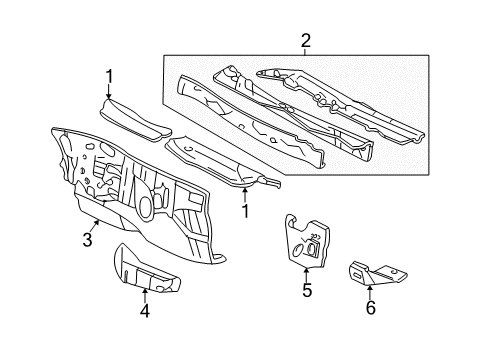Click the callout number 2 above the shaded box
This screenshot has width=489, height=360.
tap(305, 41)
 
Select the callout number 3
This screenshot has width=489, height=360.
tap(87, 240)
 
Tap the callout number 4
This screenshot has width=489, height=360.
tap(145, 311)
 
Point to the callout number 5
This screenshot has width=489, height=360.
tap(307, 290)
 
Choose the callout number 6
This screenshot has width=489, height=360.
tap(371, 307)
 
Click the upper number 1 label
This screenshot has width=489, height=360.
tap(109, 76)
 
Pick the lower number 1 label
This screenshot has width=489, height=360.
tap(245, 211)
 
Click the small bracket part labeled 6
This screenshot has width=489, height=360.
tap(378, 273)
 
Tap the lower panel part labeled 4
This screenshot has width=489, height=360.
tap(146, 270)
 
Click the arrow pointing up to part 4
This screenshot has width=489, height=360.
tap(145, 295)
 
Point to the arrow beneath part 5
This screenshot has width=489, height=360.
tap(306, 274)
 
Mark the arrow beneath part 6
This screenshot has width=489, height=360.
tap(370, 292)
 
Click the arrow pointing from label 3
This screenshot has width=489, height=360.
tap(95, 226)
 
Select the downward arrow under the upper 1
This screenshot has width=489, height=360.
tap(109, 91)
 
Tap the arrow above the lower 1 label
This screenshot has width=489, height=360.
tap(245, 195)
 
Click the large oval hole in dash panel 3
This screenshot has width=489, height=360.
tap(145, 206)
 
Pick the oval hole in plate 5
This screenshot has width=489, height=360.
tap(298, 250)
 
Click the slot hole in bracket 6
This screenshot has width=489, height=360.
tap(357, 275)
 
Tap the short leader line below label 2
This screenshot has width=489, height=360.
tap(305, 52)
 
